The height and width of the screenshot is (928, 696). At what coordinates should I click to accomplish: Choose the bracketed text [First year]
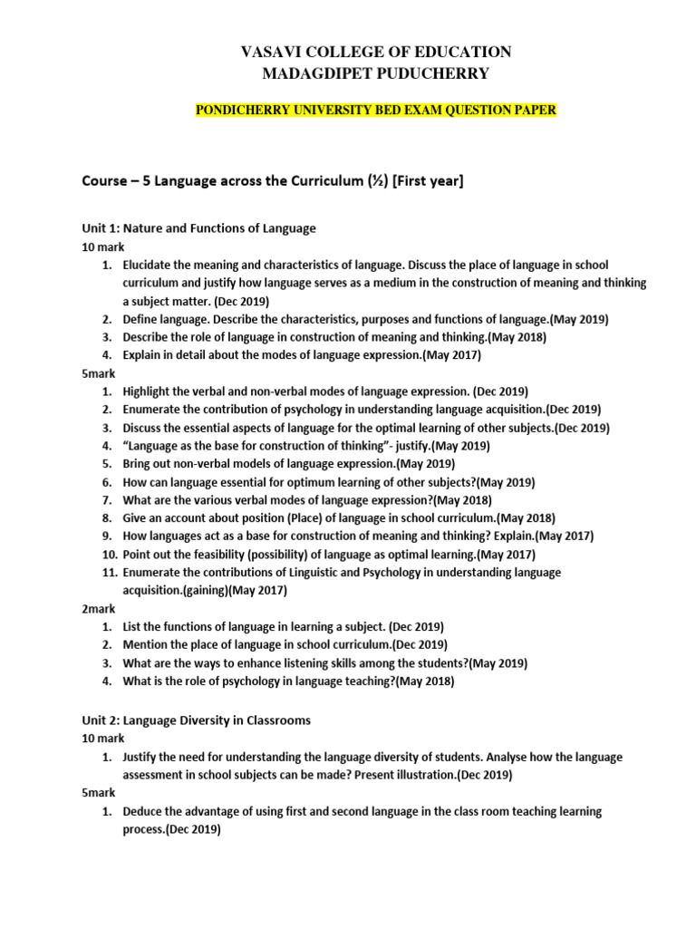424,182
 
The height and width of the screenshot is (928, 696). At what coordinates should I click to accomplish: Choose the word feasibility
201,555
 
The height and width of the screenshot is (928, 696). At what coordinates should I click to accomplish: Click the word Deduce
145,811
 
